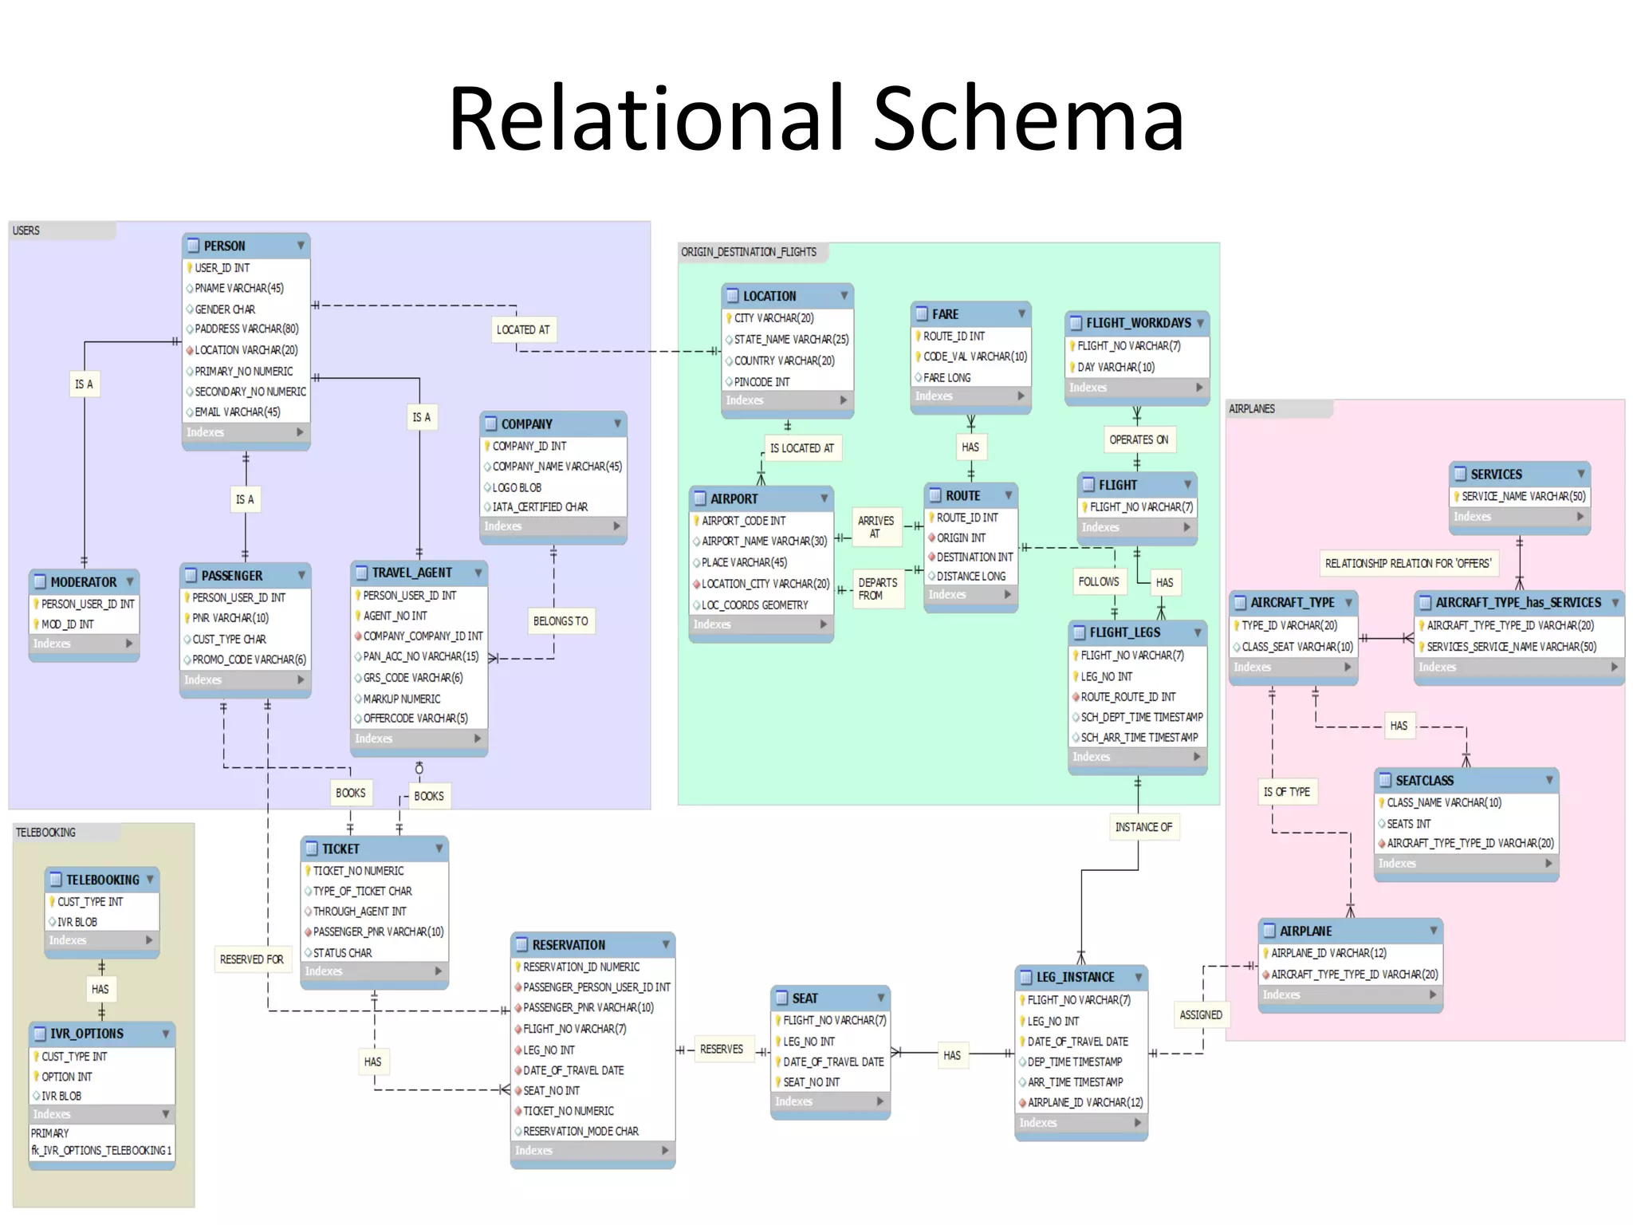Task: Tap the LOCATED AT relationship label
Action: (523, 329)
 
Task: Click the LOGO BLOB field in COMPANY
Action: (517, 487)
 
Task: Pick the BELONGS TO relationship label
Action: (561, 621)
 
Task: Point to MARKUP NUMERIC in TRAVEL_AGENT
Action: (402, 699)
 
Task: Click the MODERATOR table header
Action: (83, 582)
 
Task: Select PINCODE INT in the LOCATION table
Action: (761, 382)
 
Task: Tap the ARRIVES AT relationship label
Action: (876, 526)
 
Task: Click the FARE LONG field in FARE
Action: (946, 377)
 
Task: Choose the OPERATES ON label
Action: (1139, 439)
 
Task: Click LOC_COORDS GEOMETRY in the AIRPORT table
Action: (754, 605)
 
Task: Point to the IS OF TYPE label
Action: (1286, 792)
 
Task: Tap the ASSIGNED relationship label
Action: (1201, 1014)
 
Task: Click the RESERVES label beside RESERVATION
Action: (722, 1049)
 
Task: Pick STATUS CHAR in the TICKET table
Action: (342, 952)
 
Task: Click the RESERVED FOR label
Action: (252, 959)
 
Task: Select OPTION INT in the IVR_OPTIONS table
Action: (67, 1076)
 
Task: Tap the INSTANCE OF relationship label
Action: (1143, 827)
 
